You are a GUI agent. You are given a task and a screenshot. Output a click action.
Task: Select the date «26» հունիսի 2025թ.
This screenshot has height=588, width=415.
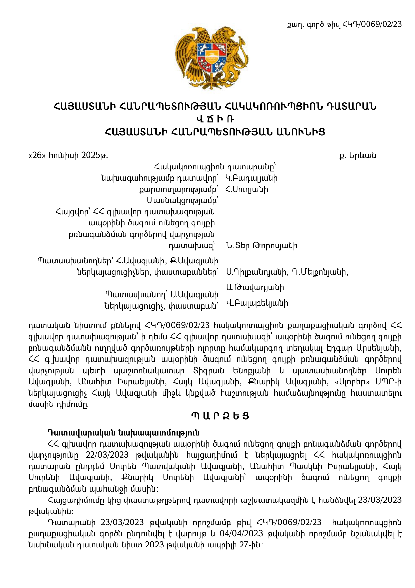[x=69, y=155]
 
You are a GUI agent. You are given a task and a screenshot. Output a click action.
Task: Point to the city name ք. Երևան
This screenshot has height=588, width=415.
[x=357, y=155]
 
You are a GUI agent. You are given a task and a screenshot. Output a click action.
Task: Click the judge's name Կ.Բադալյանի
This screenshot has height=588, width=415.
[x=251, y=178]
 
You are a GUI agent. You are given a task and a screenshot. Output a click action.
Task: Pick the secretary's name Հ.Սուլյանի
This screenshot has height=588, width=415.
[x=247, y=189]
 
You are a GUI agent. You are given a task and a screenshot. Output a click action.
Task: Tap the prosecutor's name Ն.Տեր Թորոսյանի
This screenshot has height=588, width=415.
[x=262, y=246]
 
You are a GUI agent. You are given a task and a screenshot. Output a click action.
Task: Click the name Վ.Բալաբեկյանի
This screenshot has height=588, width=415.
[x=257, y=303]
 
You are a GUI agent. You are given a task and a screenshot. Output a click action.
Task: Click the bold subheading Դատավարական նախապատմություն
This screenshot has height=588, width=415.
[x=124, y=432]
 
